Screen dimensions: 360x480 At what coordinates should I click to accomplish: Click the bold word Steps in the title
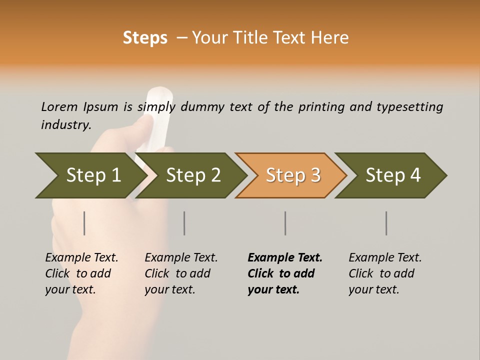[145, 38]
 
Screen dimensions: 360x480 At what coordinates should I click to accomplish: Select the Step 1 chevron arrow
[90, 175]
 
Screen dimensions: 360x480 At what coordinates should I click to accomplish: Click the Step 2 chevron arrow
[192, 175]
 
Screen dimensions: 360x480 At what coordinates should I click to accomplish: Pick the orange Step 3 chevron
[292, 175]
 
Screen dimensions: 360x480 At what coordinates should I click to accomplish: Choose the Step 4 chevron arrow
[392, 175]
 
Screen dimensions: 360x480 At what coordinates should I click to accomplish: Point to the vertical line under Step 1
[84, 223]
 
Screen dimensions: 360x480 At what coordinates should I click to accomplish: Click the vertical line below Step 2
[184, 223]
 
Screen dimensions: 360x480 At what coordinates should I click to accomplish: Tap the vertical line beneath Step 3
[285, 223]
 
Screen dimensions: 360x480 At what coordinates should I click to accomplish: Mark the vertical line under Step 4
[386, 223]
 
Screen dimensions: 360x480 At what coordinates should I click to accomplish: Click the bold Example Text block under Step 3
[285, 273]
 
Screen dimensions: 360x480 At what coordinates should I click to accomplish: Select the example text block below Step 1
[81, 273]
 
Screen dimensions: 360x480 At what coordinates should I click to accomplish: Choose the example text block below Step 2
[181, 273]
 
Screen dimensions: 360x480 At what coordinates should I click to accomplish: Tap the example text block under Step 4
[385, 273]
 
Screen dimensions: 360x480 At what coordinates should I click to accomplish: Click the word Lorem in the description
[59, 107]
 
